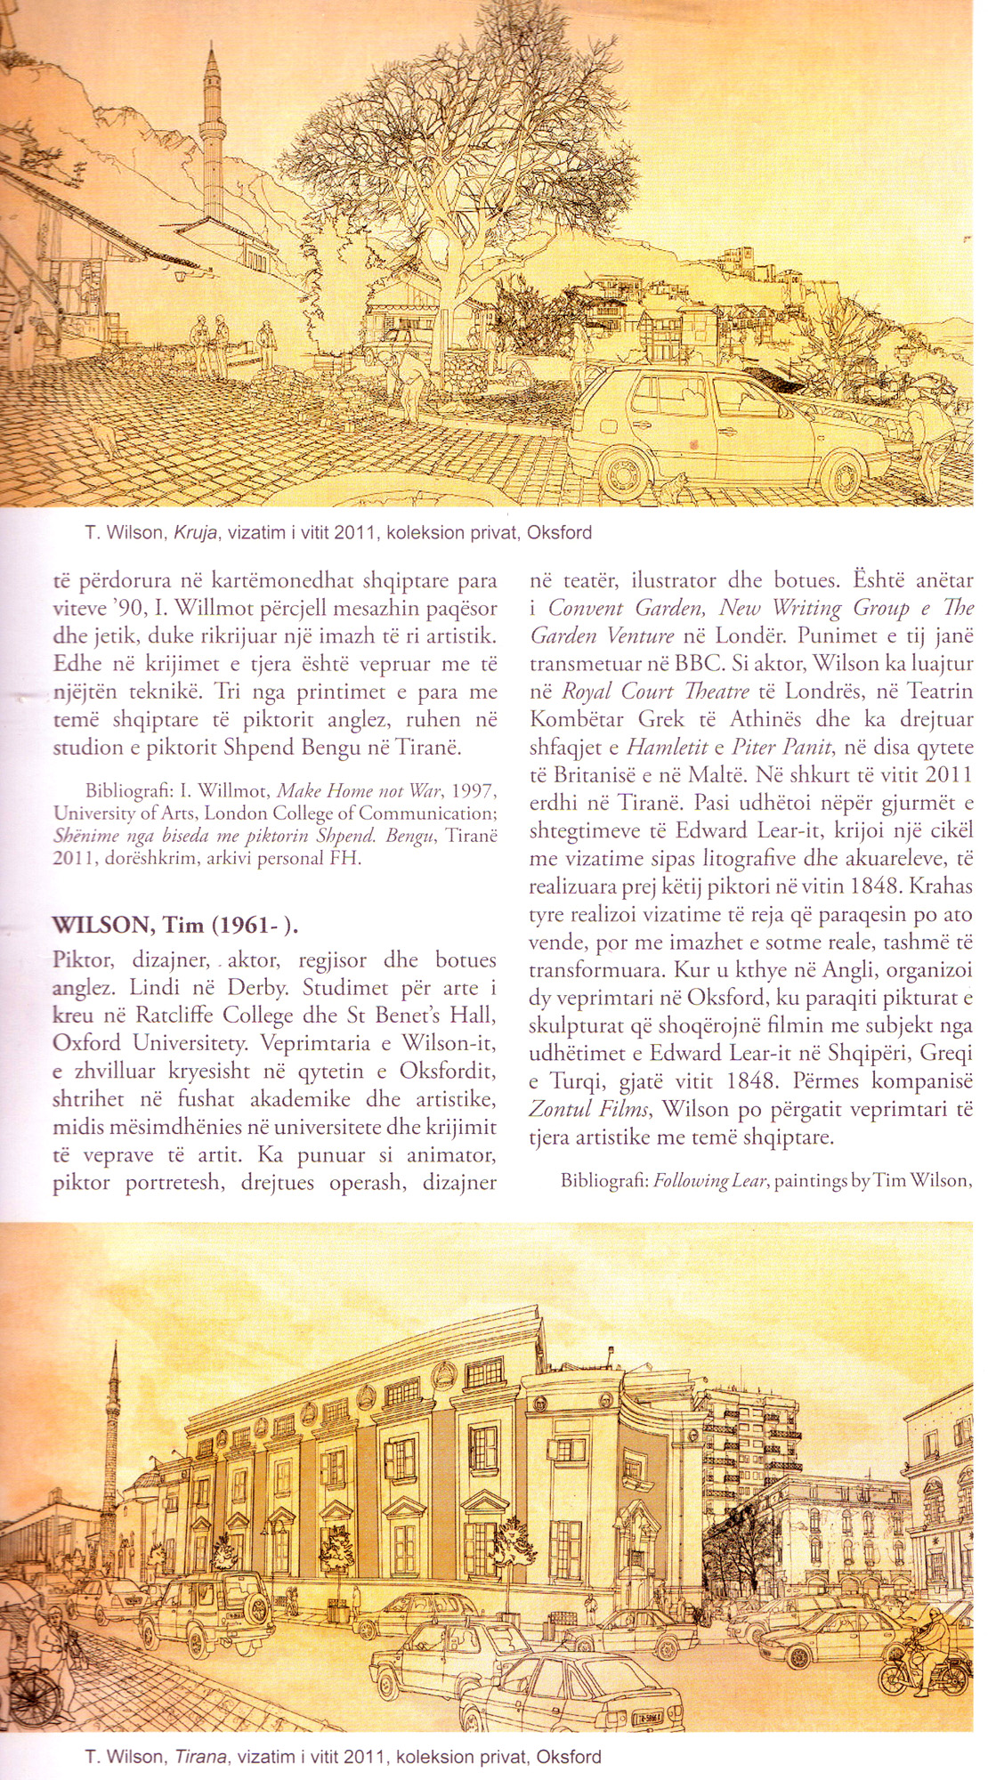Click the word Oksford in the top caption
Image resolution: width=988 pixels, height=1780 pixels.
click(x=559, y=533)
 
